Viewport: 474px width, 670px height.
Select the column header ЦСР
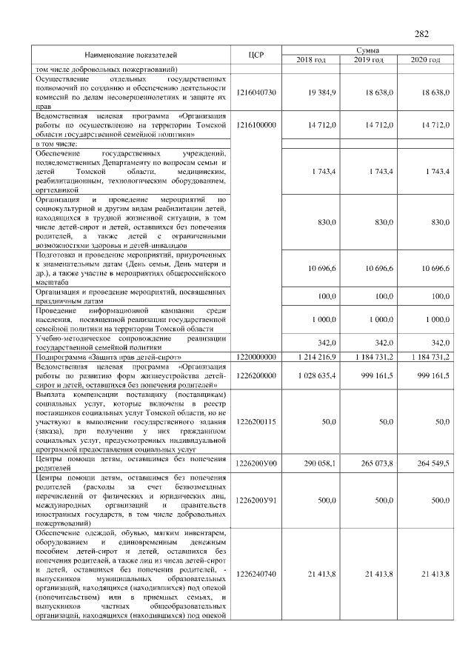coord(258,55)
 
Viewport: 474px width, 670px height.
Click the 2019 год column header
coord(368,60)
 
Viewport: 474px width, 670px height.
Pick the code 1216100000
coord(256,126)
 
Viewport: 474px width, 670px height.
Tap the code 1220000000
coord(256,357)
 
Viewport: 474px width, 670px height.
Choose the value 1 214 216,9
coord(316,357)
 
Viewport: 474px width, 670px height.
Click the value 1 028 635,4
coord(316,376)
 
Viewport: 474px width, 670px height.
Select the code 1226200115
coord(256,421)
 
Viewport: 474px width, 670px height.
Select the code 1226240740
coord(256,574)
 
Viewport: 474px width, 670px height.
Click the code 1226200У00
coord(256,464)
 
